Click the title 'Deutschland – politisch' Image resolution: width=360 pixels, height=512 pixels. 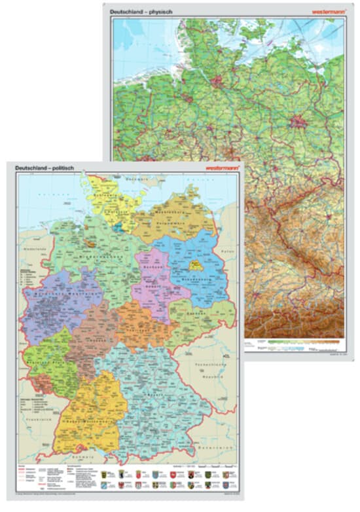tap(45, 168)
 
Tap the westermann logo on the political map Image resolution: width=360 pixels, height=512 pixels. tap(223, 168)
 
